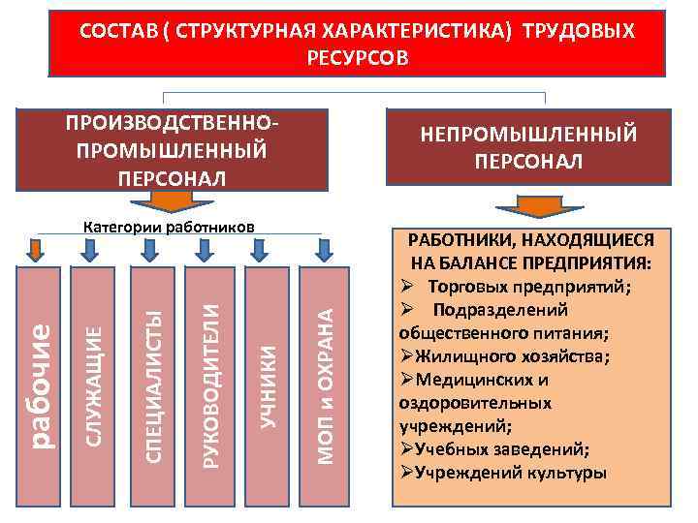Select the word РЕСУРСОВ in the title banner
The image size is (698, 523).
pyautogui.click(x=358, y=57)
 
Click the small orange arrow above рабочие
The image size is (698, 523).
pyautogui.click(x=35, y=250)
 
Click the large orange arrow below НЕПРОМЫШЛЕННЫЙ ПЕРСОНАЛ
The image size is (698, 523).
pyautogui.click(x=528, y=207)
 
